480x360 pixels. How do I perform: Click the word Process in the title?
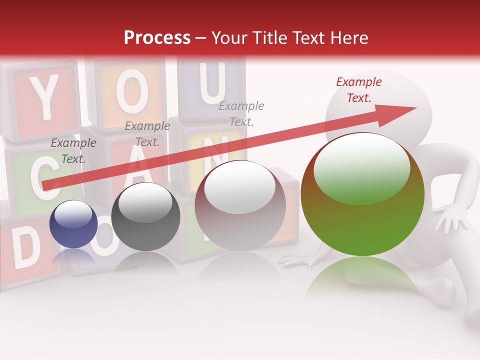coord(157,38)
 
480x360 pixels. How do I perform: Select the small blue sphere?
coord(73,224)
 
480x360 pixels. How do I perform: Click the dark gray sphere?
coord(145,217)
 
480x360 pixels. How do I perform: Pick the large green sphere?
coord(362,195)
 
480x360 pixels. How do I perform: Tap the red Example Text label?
coord(358,90)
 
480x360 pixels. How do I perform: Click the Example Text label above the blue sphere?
coord(73,151)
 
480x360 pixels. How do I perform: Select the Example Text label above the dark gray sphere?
coord(147,134)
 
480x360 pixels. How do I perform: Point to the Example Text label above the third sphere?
coord(241,113)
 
